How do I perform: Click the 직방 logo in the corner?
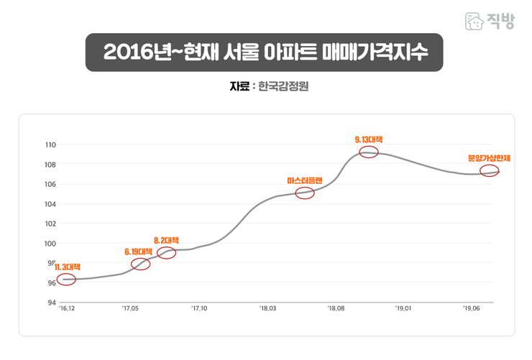(x=490, y=20)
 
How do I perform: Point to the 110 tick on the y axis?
(x=50, y=145)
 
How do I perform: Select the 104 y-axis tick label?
(x=50, y=204)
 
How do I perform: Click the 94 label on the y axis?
(x=51, y=303)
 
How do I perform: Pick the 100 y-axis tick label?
(x=50, y=244)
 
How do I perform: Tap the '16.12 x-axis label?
(x=66, y=310)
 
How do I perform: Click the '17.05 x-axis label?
(x=130, y=310)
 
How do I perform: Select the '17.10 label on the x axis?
(x=199, y=310)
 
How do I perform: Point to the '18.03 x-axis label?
(x=267, y=310)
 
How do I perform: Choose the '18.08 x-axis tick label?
(x=336, y=310)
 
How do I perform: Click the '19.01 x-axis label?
(x=403, y=310)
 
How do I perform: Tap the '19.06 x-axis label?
(x=472, y=310)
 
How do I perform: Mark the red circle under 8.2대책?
(x=166, y=252)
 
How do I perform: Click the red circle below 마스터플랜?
(x=305, y=193)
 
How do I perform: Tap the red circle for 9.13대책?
(x=368, y=152)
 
